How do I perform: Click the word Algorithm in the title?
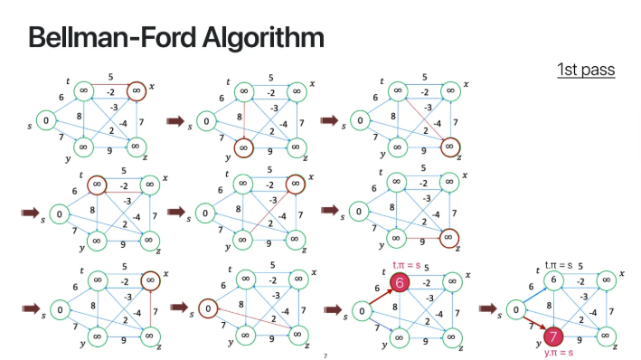point(263,38)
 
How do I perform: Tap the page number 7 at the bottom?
point(325,355)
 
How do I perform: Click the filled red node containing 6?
point(399,283)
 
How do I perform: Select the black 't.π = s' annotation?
point(561,266)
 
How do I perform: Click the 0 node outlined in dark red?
point(208,309)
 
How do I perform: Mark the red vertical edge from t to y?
point(243,118)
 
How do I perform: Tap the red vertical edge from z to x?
point(150,308)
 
